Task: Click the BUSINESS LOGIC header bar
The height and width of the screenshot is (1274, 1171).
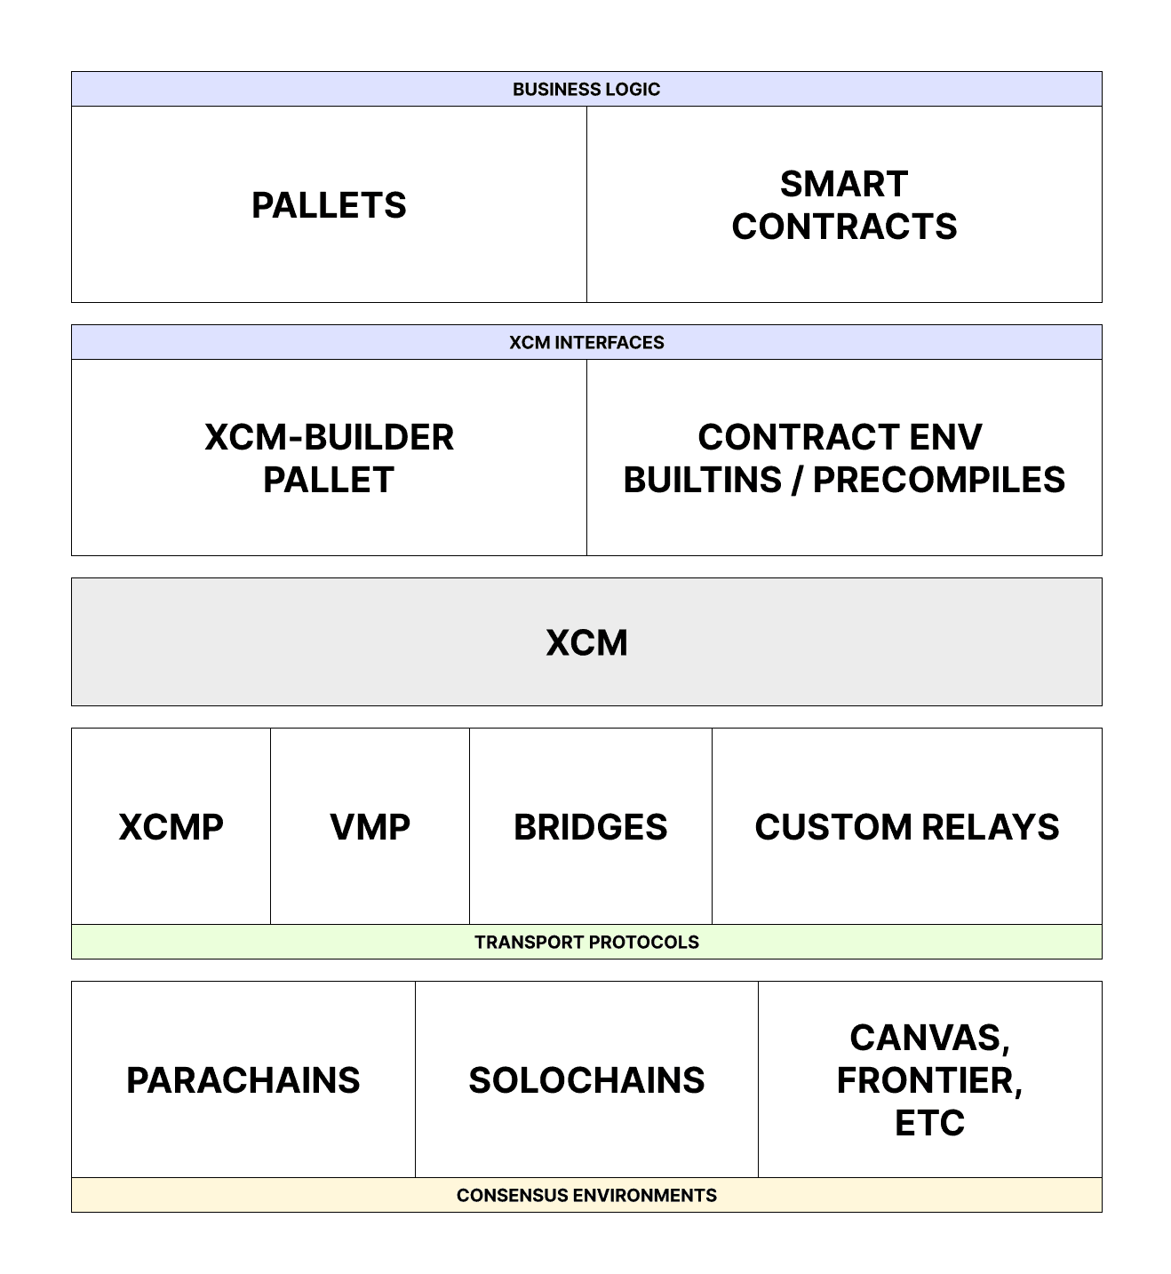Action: click(586, 89)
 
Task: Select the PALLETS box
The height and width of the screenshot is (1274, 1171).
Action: click(329, 205)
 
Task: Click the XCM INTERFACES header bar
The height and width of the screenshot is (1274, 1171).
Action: click(586, 342)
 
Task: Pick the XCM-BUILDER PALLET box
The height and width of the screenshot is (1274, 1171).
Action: click(329, 458)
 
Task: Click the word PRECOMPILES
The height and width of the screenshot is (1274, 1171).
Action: click(939, 480)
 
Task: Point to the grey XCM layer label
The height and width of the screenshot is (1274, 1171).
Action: click(586, 642)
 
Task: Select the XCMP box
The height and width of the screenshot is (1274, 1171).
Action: click(171, 827)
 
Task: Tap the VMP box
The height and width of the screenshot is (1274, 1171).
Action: click(370, 827)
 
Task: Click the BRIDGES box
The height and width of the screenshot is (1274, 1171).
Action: click(590, 827)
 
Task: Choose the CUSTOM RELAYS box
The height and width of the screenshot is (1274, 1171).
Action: click(906, 827)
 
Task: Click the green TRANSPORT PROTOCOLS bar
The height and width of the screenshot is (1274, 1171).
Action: click(586, 942)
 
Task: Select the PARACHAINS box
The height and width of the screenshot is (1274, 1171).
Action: click(243, 1080)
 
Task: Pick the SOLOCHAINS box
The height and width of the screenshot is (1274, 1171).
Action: click(586, 1080)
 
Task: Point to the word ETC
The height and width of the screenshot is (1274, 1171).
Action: click(929, 1123)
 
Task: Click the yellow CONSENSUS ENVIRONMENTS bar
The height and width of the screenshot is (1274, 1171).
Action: click(586, 1195)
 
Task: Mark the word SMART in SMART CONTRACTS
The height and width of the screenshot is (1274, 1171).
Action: click(844, 184)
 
